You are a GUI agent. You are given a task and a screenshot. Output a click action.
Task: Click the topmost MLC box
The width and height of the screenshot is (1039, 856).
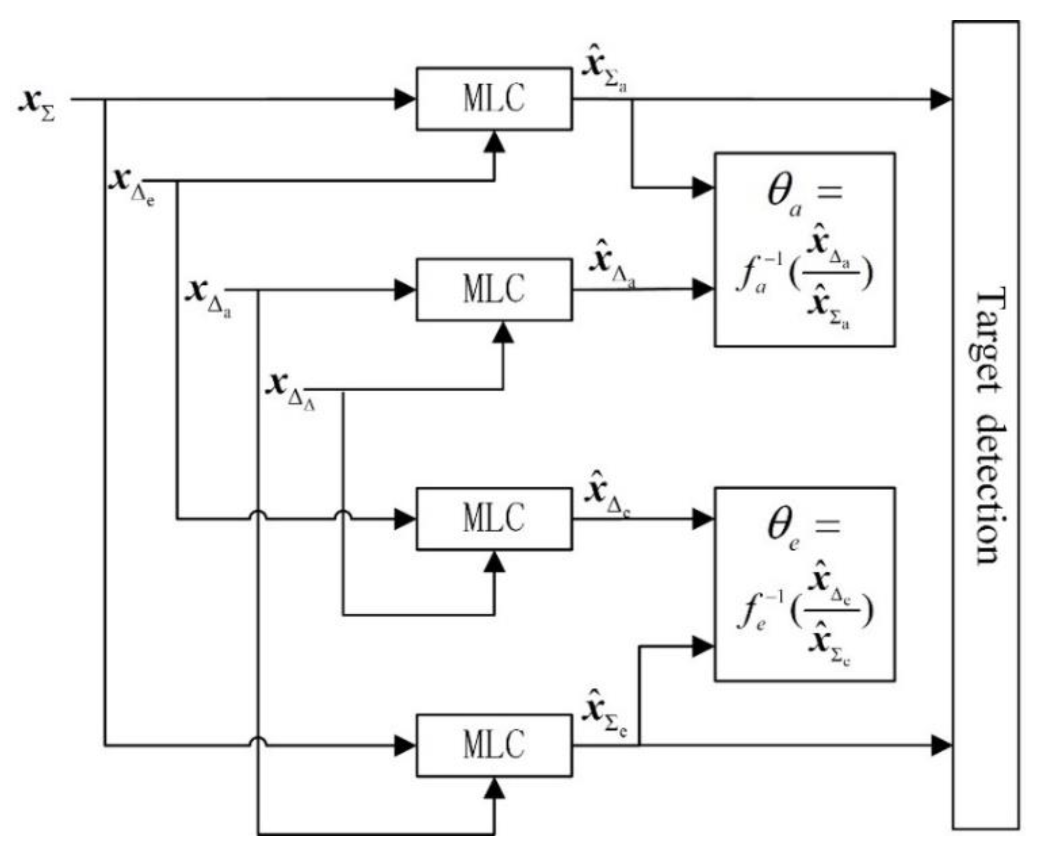(493, 99)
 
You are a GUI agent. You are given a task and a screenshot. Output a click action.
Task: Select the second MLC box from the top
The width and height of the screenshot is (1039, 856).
(493, 289)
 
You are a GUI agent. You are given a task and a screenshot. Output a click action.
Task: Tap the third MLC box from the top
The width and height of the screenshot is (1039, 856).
(493, 518)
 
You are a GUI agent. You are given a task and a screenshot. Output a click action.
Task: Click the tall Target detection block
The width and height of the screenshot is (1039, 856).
(985, 424)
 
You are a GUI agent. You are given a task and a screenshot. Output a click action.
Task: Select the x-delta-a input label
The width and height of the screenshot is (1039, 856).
(207, 297)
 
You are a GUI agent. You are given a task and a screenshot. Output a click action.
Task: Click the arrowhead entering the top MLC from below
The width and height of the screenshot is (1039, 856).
(494, 142)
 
